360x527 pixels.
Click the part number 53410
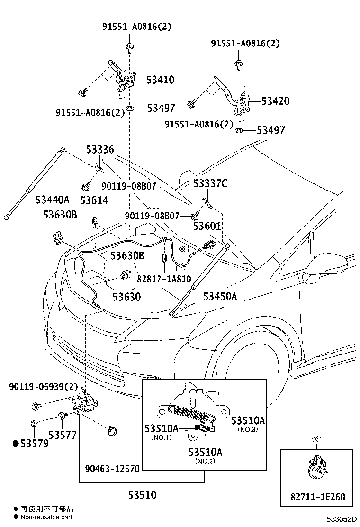click(x=161, y=80)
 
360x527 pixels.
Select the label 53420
click(x=275, y=101)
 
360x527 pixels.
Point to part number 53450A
click(x=220, y=296)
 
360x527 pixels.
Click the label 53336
click(x=100, y=149)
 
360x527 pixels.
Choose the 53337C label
click(x=210, y=183)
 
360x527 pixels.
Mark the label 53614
click(x=94, y=200)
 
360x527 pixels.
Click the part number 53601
click(x=207, y=226)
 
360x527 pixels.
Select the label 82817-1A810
click(x=164, y=279)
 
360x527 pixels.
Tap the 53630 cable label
click(x=126, y=297)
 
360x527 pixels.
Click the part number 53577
click(x=63, y=435)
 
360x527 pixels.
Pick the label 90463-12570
click(x=112, y=469)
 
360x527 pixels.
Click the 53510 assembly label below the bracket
click(x=143, y=495)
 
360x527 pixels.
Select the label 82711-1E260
click(x=318, y=496)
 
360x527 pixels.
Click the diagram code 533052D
click(x=342, y=520)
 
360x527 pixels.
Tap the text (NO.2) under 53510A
click(x=205, y=462)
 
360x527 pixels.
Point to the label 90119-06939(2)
click(x=43, y=387)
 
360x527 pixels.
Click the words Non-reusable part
click(x=46, y=517)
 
